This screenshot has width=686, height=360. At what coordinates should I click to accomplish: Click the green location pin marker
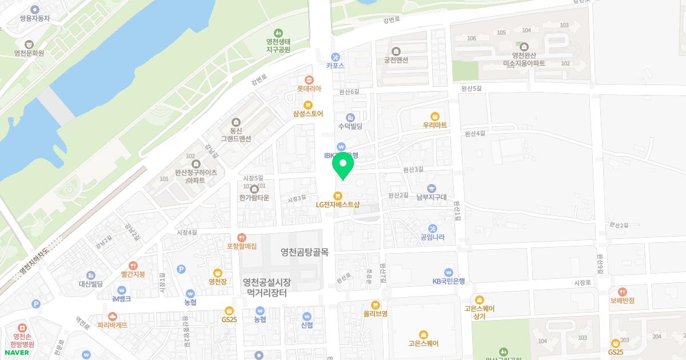coord(342,166)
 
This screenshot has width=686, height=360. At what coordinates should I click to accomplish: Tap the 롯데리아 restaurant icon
coord(309,80)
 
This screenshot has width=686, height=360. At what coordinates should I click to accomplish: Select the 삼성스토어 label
coord(308,114)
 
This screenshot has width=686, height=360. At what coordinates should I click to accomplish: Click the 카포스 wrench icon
coord(336,57)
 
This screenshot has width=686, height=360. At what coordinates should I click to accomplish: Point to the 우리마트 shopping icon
coord(435,116)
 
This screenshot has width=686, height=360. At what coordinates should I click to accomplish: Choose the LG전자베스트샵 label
coord(338,204)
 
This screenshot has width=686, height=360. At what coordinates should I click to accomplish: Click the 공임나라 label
coord(432,237)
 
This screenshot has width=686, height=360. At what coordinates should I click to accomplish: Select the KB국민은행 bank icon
coord(449,273)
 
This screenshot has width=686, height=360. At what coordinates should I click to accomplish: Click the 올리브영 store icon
coord(376,305)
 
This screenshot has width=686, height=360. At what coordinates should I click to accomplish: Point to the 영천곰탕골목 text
coord(305,252)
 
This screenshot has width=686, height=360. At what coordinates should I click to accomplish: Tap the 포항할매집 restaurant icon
coord(242,237)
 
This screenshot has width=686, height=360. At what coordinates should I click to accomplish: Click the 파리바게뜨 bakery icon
coord(113,316)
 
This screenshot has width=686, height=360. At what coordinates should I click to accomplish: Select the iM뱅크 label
coord(121,299)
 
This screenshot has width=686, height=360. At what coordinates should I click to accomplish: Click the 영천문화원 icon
coord(29,44)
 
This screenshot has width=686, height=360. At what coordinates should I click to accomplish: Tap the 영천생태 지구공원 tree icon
coord(278,33)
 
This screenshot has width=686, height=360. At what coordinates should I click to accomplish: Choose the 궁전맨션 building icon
coord(396,51)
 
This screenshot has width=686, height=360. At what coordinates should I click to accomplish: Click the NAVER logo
coord(17,353)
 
